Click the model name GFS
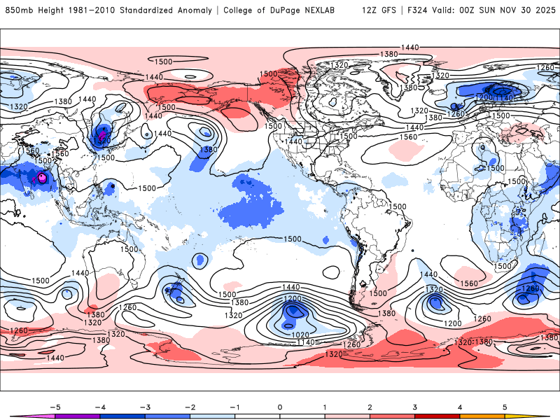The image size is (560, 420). pos(387,10)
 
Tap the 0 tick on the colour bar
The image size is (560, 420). pos(279,406)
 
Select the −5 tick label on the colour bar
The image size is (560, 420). pos(52,406)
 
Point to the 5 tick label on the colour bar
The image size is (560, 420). pos(505,406)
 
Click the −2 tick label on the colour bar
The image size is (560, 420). pos(188,406)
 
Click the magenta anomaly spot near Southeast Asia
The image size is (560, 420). pos(42,178)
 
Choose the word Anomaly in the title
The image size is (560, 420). pos(198,10)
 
